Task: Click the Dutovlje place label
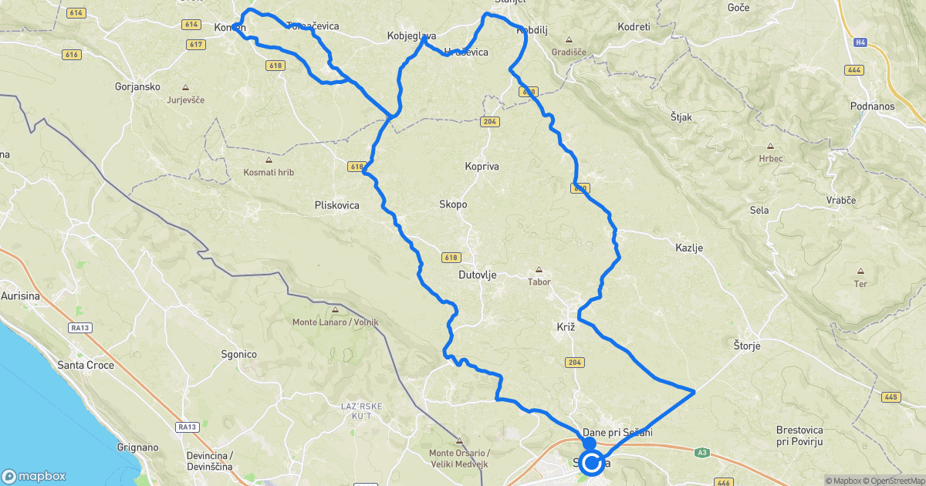[478, 275]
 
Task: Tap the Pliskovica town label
[337, 205]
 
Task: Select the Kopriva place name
[482, 166]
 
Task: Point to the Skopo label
[453, 204]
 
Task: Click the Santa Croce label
[86, 365]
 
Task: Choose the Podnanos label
[871, 105]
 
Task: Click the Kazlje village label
[689, 248]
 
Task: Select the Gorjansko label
[137, 86]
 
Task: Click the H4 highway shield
[860, 43]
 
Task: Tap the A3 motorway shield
[701, 452]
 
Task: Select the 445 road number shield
[891, 397]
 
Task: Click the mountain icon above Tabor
[539, 271]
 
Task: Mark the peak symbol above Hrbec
[770, 147]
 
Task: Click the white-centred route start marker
[592, 464]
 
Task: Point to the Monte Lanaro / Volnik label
[335, 321]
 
